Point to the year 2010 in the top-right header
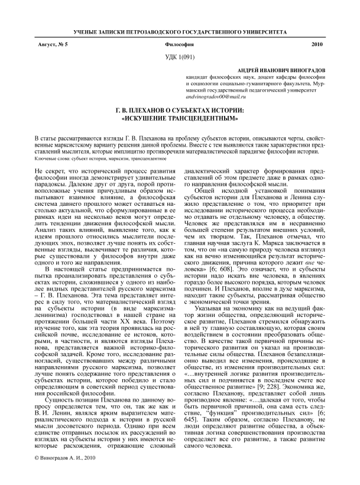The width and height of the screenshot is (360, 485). point(316,45)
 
